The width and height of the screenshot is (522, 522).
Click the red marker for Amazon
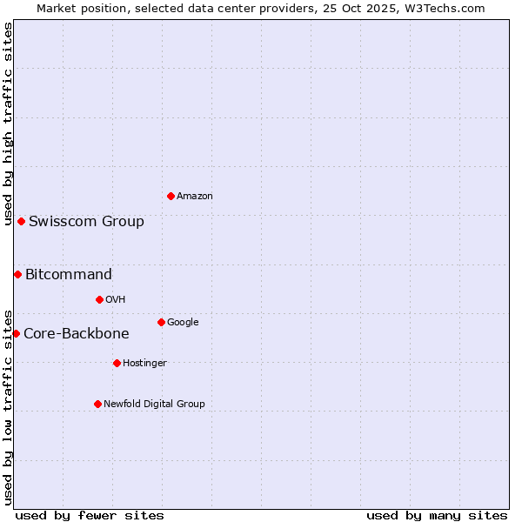coord(171,196)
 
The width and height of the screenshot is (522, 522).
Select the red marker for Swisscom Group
coord(21,221)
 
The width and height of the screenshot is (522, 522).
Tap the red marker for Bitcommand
coord(17,274)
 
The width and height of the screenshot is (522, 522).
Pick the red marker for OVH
coord(99,299)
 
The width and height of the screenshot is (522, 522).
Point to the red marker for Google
coord(161,322)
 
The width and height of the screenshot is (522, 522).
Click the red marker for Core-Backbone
coord(16,333)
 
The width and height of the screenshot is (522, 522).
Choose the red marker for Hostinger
coord(117,363)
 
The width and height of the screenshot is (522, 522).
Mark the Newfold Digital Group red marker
coord(97,404)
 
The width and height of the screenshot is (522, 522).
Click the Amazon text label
coord(195,197)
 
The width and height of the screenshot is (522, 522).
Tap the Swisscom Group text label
coord(86,221)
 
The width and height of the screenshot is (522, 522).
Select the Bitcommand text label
coord(69,274)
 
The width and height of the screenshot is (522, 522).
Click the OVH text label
coord(116,300)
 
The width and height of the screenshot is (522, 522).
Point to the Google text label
coord(183,323)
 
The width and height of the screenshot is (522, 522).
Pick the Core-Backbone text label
coord(77,333)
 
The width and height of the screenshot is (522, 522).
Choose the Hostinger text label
coord(144,364)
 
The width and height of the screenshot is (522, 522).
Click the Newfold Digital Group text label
coord(154,404)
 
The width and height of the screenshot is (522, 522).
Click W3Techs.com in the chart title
coord(443,8)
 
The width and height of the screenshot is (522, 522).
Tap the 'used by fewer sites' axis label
coord(90,515)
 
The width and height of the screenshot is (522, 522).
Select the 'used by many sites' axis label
coord(437,515)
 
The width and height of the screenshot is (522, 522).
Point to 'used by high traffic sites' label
coord(8,124)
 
